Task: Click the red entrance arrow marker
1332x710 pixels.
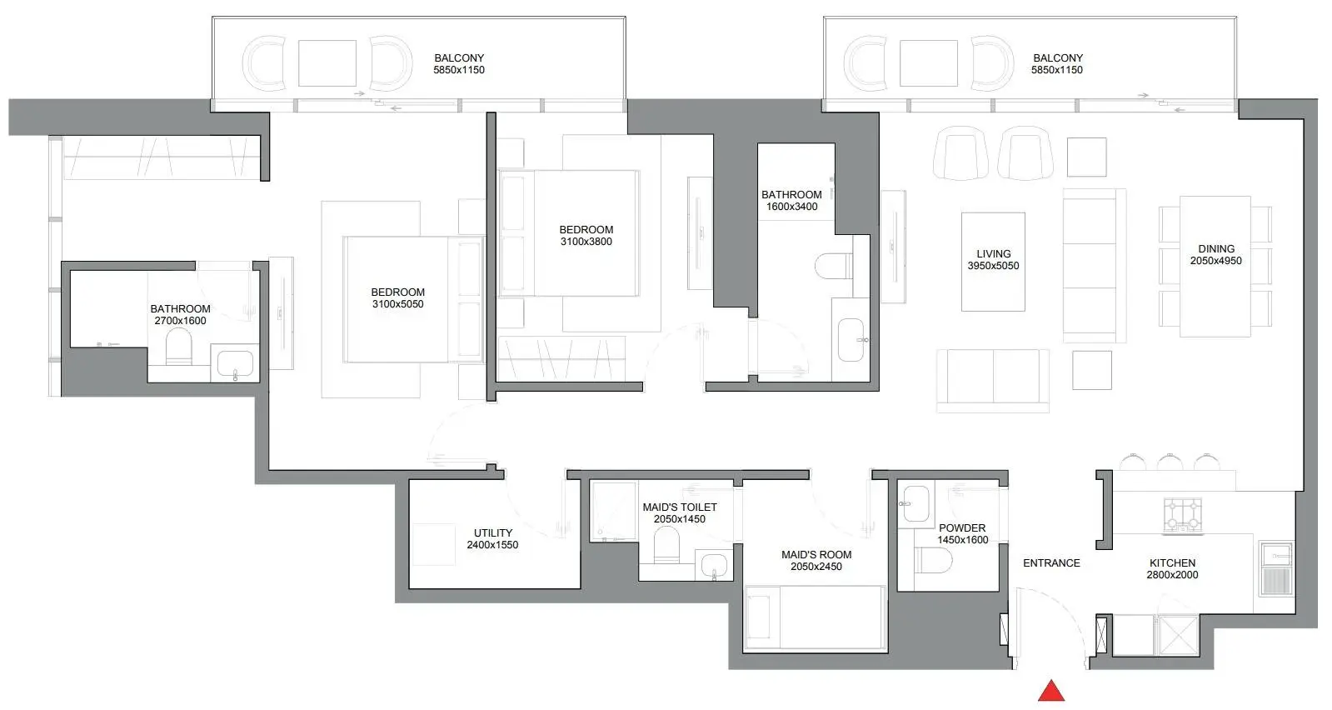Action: pos(1051,692)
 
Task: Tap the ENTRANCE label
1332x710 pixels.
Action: pos(1051,563)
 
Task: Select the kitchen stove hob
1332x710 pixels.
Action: pos(1184,515)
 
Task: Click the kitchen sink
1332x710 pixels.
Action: pos(1276,568)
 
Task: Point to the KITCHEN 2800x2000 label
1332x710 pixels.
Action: pos(1172,569)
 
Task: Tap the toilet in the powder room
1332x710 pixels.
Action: pos(933,560)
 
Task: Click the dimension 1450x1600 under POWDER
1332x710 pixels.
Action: pos(963,540)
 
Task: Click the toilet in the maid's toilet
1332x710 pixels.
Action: pos(666,545)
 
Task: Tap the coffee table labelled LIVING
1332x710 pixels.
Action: pos(993,262)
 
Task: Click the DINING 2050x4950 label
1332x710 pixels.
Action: pos(1216,254)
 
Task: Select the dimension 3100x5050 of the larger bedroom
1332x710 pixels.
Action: pos(398,304)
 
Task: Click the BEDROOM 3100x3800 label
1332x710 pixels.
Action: pos(586,236)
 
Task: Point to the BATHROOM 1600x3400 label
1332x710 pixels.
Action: pos(791,200)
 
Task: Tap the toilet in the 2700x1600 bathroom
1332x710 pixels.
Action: pos(178,347)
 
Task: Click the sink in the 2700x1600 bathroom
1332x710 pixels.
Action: pos(235,362)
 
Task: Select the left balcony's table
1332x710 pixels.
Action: pos(327,63)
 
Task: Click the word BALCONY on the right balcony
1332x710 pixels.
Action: pos(1058,57)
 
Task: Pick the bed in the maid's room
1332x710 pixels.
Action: pos(816,617)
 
